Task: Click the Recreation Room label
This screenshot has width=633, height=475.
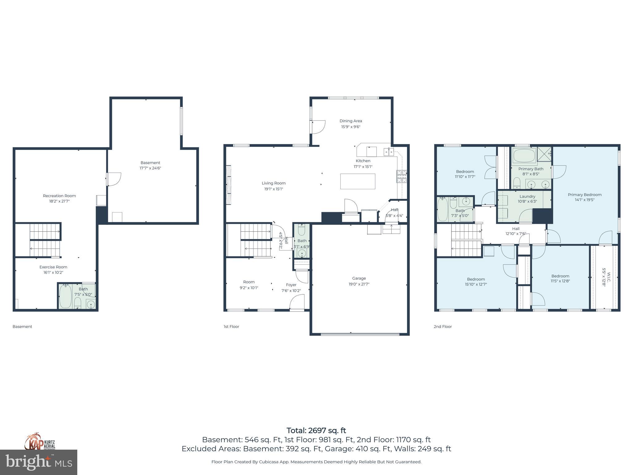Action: coord(59,195)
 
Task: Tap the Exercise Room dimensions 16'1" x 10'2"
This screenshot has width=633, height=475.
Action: coord(53,272)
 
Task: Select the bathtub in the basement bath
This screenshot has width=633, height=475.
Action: coord(66,296)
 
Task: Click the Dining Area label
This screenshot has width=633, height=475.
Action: coord(350,121)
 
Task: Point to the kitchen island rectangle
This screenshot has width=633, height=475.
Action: coord(358,181)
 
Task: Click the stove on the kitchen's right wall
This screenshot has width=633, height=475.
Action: coord(401,177)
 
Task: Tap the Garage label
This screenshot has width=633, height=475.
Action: coord(359,278)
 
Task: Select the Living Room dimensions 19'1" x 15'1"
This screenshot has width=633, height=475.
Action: coord(273,189)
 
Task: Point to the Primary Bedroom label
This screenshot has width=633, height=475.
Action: coord(584,195)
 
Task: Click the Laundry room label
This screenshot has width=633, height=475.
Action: coord(527,196)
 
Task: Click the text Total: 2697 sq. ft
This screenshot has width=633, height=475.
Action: coord(316,430)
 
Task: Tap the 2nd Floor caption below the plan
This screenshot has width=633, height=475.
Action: coord(443,327)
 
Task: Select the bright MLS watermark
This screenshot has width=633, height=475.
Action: coord(39,462)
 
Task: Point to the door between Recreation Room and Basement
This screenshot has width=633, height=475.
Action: coord(113,179)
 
